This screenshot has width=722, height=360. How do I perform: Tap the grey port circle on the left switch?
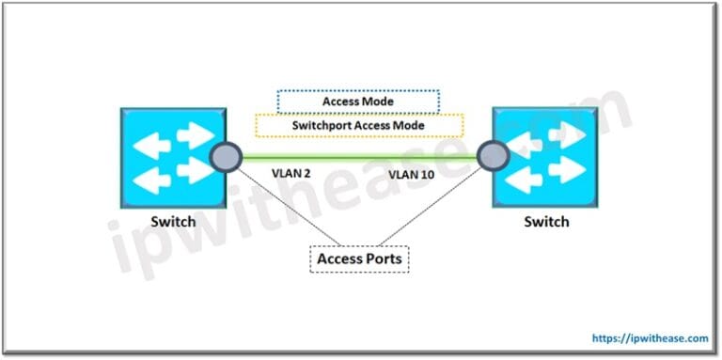(x=225, y=156)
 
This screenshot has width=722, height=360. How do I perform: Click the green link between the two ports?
(x=357, y=156)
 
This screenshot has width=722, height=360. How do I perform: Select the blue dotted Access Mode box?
(x=357, y=102)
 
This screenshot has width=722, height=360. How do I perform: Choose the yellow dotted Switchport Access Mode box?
(x=357, y=125)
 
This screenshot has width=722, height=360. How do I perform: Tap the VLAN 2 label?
(x=288, y=175)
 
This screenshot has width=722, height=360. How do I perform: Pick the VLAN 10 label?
(x=412, y=175)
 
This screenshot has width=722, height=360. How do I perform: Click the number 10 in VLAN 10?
(x=426, y=175)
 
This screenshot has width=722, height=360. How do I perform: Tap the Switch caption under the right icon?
(x=545, y=222)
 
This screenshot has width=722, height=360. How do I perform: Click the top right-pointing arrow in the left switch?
(x=192, y=134)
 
